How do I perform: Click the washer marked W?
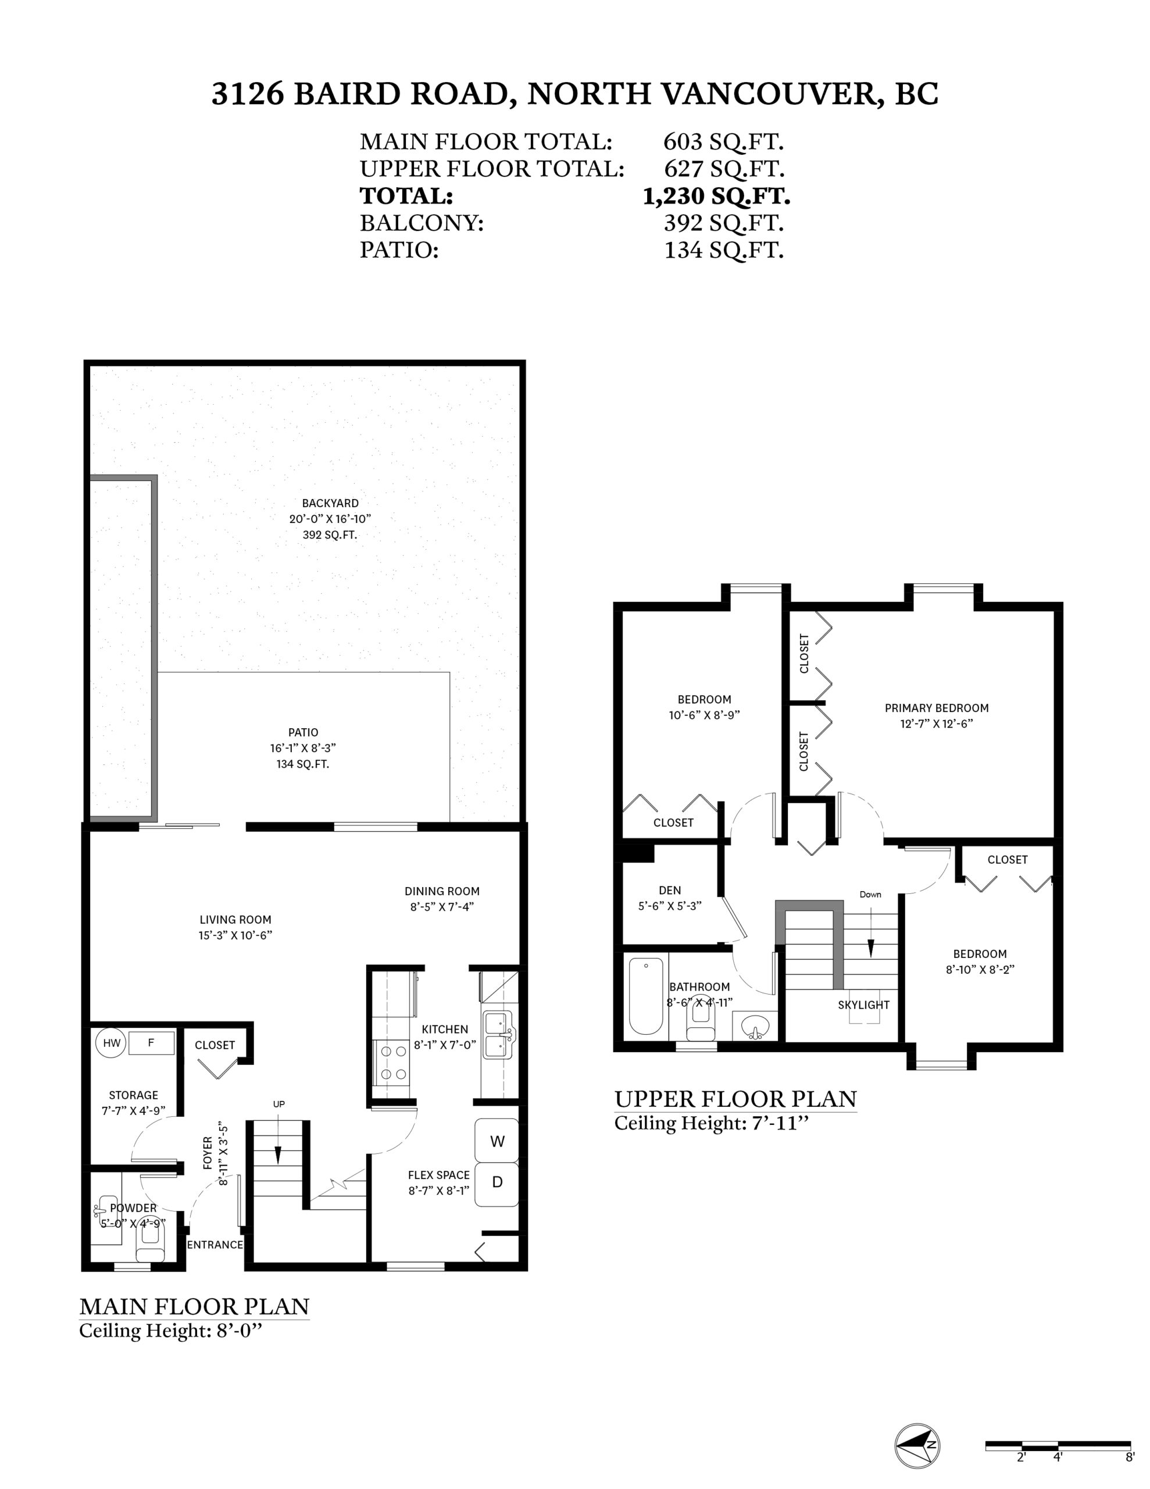tap(497, 1141)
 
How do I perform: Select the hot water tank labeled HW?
tap(111, 1043)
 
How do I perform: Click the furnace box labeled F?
tap(151, 1042)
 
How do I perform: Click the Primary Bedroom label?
tap(936, 708)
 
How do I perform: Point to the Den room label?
tap(669, 890)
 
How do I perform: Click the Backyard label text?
tap(330, 503)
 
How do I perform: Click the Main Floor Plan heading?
tap(194, 1306)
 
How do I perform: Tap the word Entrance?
tap(215, 1244)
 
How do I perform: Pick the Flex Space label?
tap(438, 1175)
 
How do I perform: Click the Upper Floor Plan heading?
tap(735, 1099)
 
